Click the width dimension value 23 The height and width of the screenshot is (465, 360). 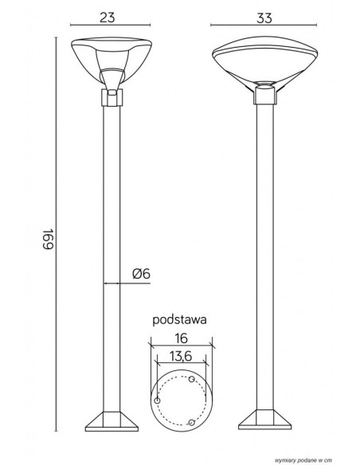107,18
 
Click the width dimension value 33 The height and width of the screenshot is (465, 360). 264,18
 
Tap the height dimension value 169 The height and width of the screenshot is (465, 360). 48,239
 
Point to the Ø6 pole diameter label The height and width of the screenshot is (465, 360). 141,274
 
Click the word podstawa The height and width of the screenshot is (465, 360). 179,321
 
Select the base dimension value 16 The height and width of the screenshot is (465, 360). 181,338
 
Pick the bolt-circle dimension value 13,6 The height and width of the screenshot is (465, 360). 181,356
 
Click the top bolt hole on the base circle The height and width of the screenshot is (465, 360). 192,379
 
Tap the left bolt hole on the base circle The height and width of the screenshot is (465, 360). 158,401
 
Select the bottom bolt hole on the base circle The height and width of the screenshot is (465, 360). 192,422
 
